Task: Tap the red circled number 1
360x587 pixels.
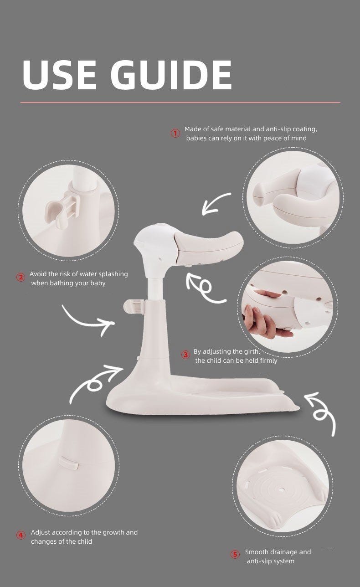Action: [x=175, y=134]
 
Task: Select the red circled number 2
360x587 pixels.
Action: [x=21, y=277]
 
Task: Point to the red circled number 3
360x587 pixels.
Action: [x=186, y=355]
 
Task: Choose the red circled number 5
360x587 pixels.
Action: [x=235, y=555]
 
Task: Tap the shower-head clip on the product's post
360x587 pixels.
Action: [x=134, y=307]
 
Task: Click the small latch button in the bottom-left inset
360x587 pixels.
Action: [x=69, y=463]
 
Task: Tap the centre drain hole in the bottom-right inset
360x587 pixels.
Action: [x=282, y=489]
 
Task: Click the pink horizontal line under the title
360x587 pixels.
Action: [x=180, y=103]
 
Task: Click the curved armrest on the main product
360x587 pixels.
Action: [x=210, y=245]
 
